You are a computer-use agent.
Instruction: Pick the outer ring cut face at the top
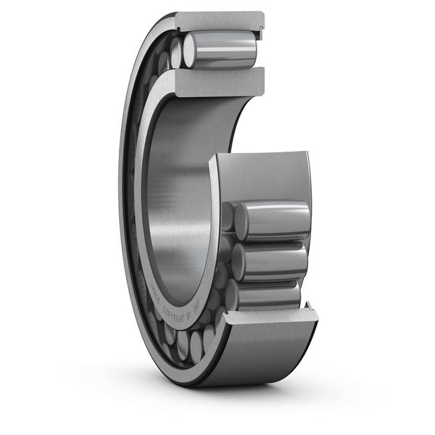[217, 20]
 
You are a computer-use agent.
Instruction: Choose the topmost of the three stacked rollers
[272, 219]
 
